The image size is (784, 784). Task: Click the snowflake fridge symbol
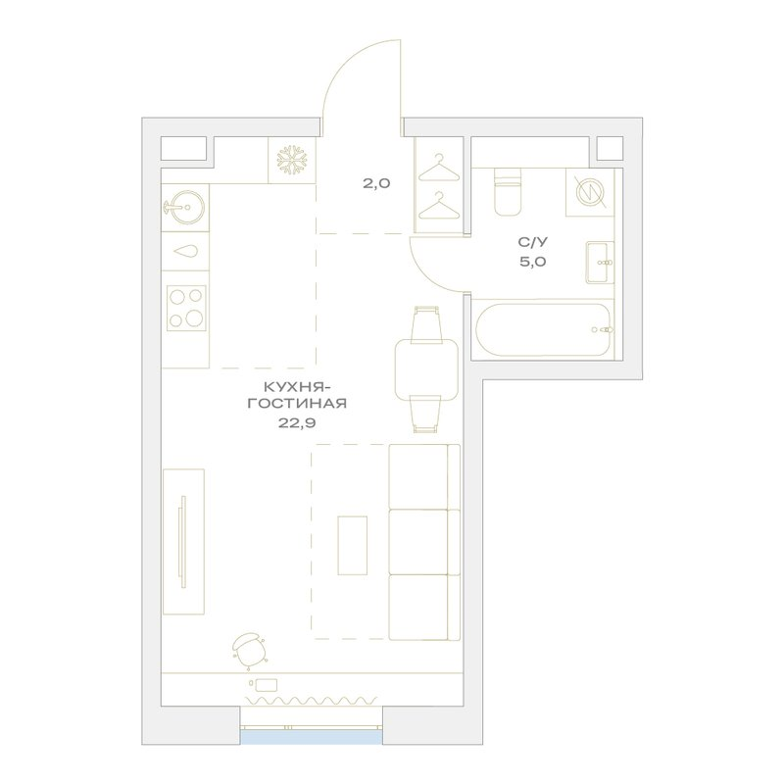click(x=291, y=160)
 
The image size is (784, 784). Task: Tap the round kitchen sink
click(x=184, y=207)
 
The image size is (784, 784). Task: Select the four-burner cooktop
click(x=186, y=308)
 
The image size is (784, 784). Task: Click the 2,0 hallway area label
click(x=376, y=183)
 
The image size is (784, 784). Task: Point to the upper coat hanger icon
click(x=438, y=168)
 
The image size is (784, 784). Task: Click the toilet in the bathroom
click(x=508, y=192)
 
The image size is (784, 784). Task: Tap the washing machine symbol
click(x=590, y=192)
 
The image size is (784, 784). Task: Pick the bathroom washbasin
click(x=600, y=263)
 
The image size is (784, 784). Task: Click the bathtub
click(x=543, y=329)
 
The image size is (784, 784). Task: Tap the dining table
click(x=426, y=370)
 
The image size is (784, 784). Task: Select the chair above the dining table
click(x=426, y=324)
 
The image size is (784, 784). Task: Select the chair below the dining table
click(x=426, y=414)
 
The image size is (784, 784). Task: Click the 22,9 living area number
click(x=297, y=423)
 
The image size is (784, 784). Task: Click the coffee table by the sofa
click(x=353, y=546)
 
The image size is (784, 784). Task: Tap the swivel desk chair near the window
click(x=250, y=650)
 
